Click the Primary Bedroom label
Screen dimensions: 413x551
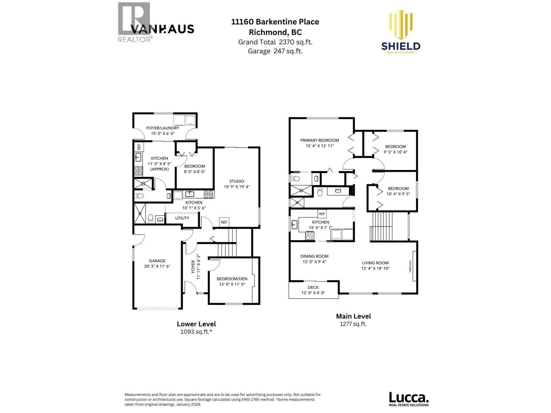pos(319,140)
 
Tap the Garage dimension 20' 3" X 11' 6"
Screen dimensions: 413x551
pos(157,266)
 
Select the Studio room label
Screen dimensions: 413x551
pos(237,181)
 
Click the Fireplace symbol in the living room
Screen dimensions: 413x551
pos(415,266)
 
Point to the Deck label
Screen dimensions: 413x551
pos(313,287)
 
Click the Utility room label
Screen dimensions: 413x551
pos(182,218)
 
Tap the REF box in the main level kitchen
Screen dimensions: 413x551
pos(322,214)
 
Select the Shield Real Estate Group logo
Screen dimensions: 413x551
pos(401,33)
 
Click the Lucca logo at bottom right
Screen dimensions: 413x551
pos(409,399)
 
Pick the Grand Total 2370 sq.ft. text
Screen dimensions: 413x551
pos(275,42)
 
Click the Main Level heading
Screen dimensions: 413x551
pos(353,316)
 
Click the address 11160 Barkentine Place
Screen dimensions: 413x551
pos(275,22)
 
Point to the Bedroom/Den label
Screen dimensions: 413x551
pos(232,279)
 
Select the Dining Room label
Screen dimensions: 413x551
pos(314,256)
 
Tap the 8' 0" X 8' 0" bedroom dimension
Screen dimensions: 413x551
pos(194,171)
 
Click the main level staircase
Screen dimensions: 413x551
pos(382,227)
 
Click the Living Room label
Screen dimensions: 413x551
pos(375,263)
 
